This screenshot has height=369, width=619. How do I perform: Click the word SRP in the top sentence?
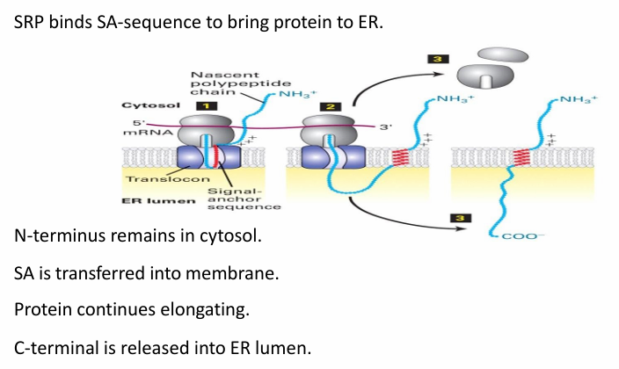click(x=33, y=22)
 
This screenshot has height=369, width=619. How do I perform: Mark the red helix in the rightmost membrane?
click(x=526, y=158)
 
